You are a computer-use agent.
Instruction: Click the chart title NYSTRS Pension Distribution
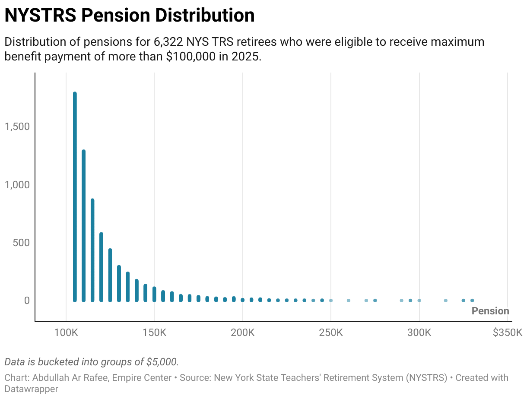(129, 16)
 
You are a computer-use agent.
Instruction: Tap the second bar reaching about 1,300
(84, 225)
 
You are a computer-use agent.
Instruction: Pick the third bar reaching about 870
(92, 250)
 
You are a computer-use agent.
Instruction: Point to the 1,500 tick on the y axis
(17, 127)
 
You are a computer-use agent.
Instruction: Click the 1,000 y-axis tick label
(17, 185)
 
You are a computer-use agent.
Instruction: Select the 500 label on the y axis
(21, 243)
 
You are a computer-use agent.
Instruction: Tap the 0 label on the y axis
(26, 301)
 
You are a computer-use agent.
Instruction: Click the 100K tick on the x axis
(66, 333)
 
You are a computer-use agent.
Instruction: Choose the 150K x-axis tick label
(154, 333)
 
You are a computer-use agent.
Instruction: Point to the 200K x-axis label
(242, 333)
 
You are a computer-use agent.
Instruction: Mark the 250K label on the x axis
(331, 333)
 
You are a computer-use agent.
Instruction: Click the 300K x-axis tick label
(419, 333)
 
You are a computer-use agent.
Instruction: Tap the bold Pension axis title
(490, 311)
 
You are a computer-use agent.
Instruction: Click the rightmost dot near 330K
(472, 301)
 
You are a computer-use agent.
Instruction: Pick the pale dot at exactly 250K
(331, 301)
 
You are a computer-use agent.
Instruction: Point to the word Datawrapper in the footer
(31, 389)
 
